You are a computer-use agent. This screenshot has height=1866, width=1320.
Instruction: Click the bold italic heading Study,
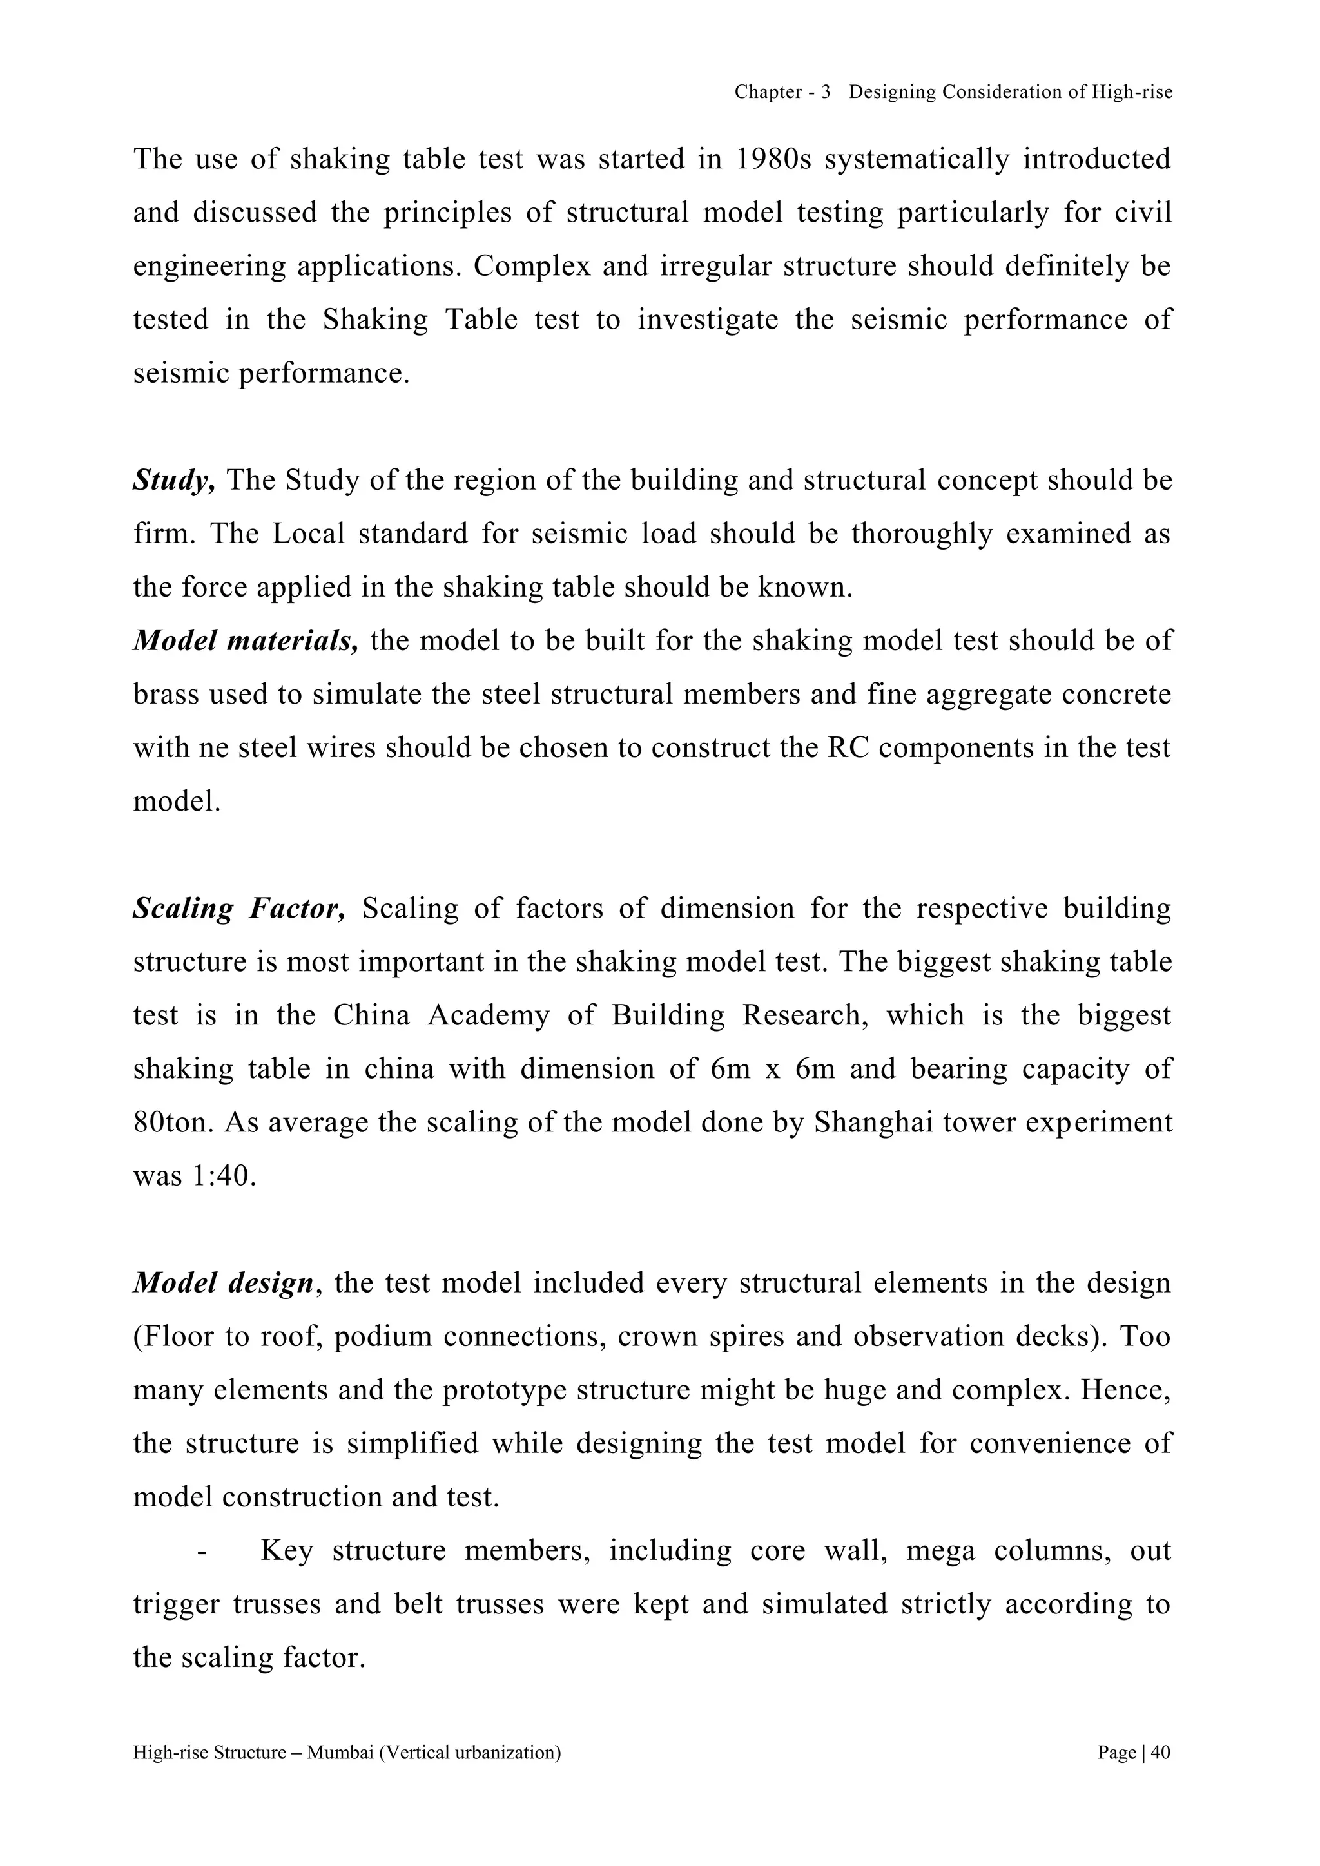174,481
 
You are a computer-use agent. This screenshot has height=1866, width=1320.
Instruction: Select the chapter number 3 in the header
825,93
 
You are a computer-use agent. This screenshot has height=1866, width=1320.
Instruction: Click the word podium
382,1338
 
